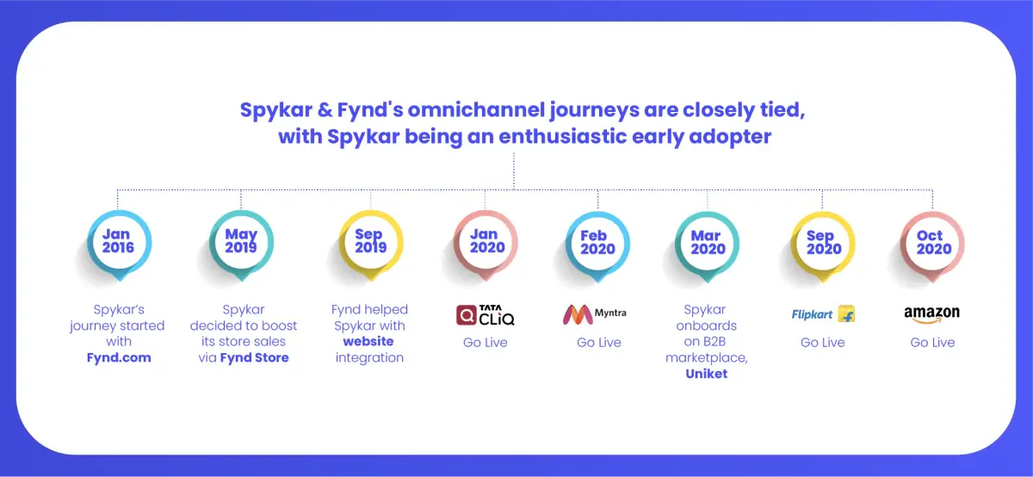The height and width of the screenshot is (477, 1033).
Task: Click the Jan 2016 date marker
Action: pos(120,244)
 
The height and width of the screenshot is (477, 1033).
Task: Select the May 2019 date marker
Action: pos(241,244)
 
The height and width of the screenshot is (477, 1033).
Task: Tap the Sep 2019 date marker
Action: pos(371,244)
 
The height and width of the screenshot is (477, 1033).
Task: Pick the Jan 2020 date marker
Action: pos(486,244)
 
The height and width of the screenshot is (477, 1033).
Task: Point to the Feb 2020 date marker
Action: pos(598,245)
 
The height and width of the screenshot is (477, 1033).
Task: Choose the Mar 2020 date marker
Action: pos(708,245)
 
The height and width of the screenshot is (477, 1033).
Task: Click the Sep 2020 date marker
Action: pos(823,245)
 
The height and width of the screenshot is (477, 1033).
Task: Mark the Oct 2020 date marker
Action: pos(932,245)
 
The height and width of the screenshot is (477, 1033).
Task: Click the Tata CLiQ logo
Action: pos(486,315)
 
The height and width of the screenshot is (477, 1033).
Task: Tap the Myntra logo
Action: pos(595,314)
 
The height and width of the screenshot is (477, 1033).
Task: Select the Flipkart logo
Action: pos(823,314)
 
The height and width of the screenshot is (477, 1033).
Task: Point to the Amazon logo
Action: pos(932,314)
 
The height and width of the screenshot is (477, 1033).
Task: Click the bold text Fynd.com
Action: pos(119,357)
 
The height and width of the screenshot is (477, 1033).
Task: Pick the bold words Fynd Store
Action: pos(255,357)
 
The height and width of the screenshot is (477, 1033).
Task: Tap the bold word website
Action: pos(368,341)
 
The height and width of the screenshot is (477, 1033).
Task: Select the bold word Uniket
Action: pos(707,374)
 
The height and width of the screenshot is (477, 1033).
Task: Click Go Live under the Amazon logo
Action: pos(932,343)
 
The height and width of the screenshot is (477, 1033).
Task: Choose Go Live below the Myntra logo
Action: pos(599,343)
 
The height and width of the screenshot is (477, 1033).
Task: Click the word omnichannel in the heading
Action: pos(475,110)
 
